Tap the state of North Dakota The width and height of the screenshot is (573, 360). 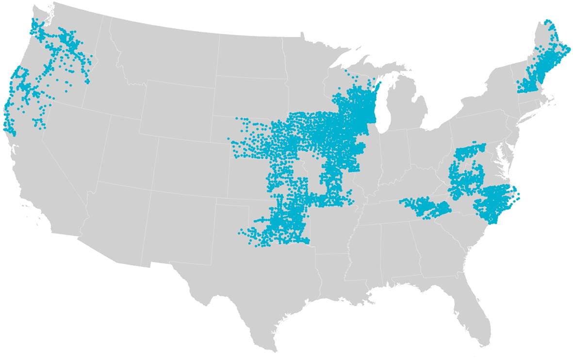252,56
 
